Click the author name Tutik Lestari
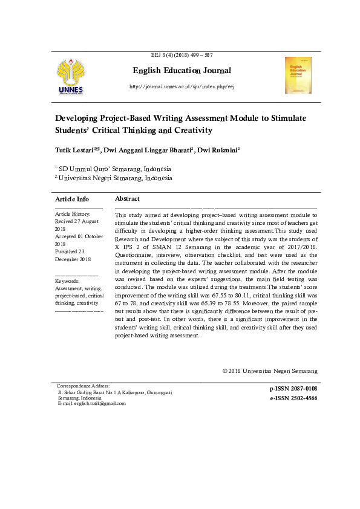coord(77,149)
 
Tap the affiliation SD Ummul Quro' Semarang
coord(114,169)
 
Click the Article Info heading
coord(72,199)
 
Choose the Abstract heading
coord(127,199)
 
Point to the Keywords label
coord(67,282)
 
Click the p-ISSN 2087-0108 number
coord(293,387)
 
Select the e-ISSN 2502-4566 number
coord(293,398)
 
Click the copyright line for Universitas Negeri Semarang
coord(269,371)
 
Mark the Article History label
coord(73,214)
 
